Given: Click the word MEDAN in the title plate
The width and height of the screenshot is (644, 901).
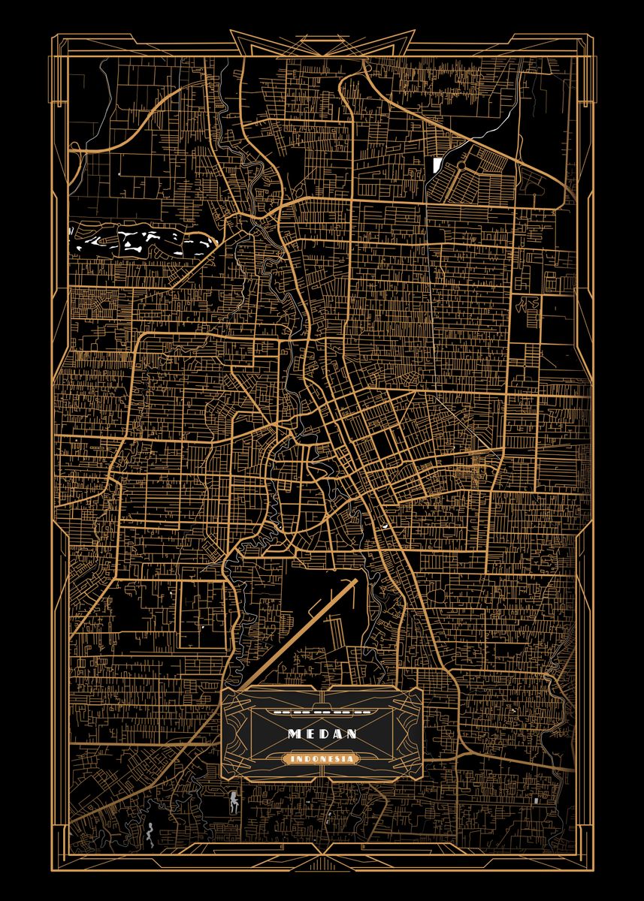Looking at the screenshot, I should (322, 733).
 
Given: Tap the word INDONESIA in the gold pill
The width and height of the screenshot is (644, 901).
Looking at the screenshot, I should (322, 759).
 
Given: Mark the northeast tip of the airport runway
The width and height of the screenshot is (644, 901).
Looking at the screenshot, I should (354, 580).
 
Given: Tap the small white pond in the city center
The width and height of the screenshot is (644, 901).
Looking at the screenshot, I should (385, 526).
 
